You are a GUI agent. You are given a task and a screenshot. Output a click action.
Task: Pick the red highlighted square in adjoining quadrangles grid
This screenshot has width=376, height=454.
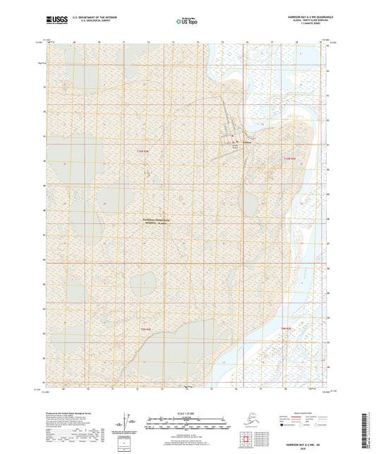(243, 443)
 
